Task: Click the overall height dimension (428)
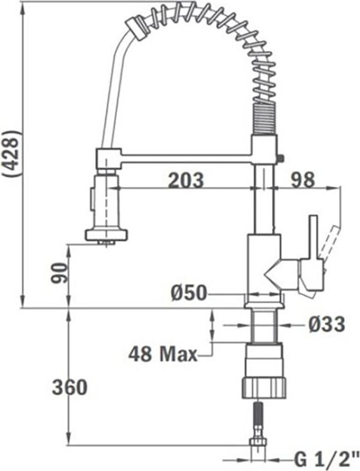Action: [x=12, y=154]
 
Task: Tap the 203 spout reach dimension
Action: [x=186, y=180]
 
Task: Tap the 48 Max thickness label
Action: [x=163, y=355]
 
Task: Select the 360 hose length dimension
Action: [x=70, y=387]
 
